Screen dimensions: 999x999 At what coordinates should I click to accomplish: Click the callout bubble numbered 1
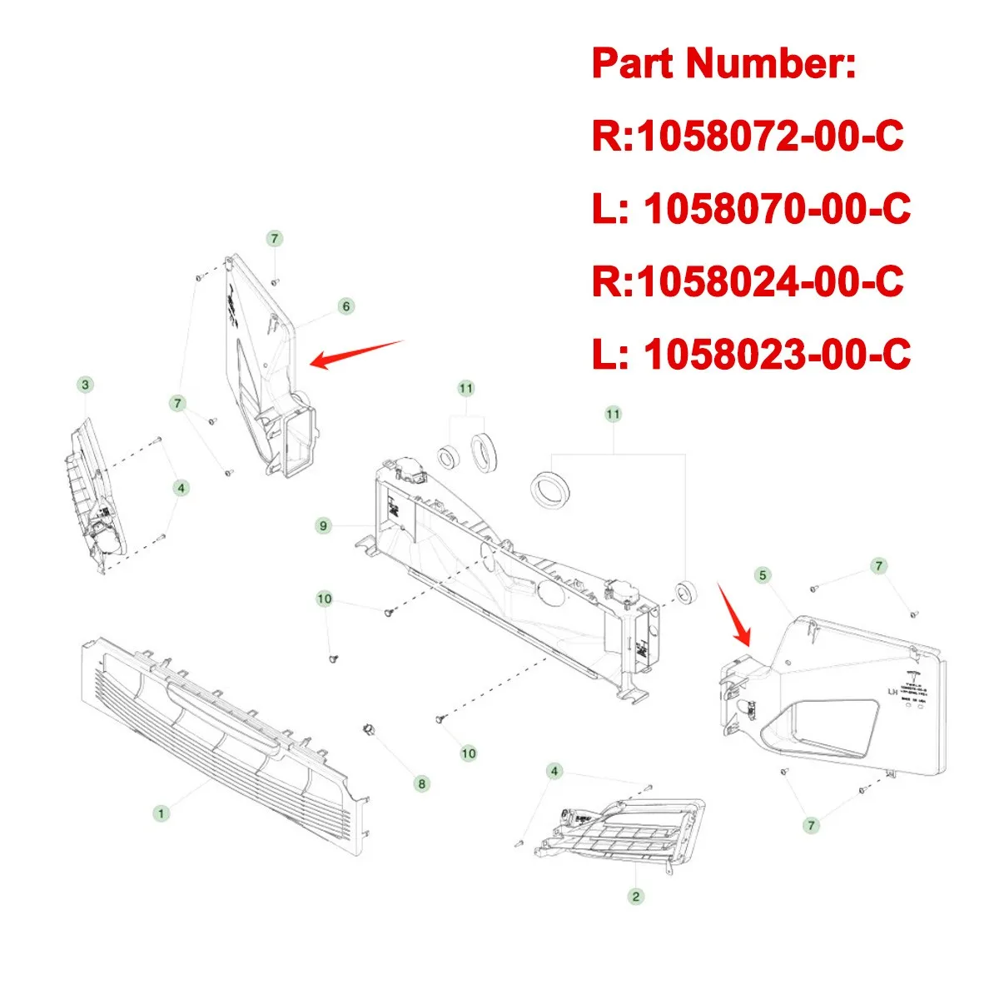(x=161, y=813)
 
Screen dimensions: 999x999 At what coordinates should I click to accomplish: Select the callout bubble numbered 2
(x=636, y=897)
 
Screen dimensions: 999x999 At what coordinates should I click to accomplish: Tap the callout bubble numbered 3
(x=85, y=385)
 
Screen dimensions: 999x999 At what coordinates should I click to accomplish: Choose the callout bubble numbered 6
(x=346, y=306)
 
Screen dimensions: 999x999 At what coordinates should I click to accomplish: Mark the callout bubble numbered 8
(x=422, y=783)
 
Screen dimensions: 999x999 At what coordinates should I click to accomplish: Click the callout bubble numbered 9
(x=324, y=525)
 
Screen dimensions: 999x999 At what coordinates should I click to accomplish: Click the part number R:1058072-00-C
(x=747, y=137)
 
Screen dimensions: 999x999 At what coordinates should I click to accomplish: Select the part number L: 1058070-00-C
(x=751, y=209)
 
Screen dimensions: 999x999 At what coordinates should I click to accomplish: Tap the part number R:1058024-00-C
(x=747, y=281)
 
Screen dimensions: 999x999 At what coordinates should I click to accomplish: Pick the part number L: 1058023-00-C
(x=751, y=355)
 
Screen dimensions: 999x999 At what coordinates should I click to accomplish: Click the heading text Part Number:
(x=723, y=64)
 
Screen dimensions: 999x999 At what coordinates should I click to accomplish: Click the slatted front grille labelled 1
(x=225, y=733)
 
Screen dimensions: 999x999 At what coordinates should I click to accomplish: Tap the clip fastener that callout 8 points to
(x=366, y=730)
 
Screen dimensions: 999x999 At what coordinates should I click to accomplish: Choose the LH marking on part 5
(x=892, y=692)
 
